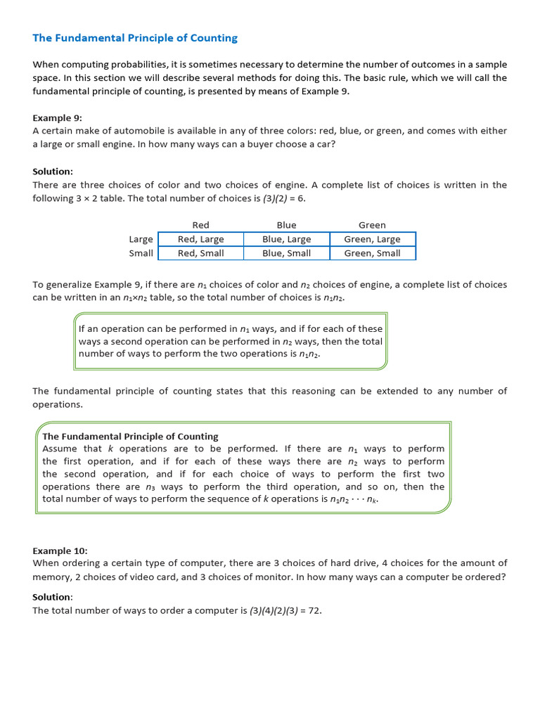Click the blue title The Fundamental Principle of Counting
tap(135, 38)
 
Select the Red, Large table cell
tap(200, 239)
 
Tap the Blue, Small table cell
tap(286, 253)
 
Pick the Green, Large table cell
tap(372, 239)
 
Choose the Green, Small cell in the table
tap(372, 253)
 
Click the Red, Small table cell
tap(200, 253)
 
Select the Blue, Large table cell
tap(286, 239)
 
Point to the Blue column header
tap(286, 225)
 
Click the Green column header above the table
tap(372, 225)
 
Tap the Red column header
tap(200, 225)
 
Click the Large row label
tap(141, 239)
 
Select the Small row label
tap(141, 253)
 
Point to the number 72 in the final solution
tap(314, 610)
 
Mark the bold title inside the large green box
tap(130, 436)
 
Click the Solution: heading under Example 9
tap(53, 172)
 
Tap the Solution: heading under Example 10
tap(53, 597)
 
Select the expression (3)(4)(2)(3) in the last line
tap(274, 610)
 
